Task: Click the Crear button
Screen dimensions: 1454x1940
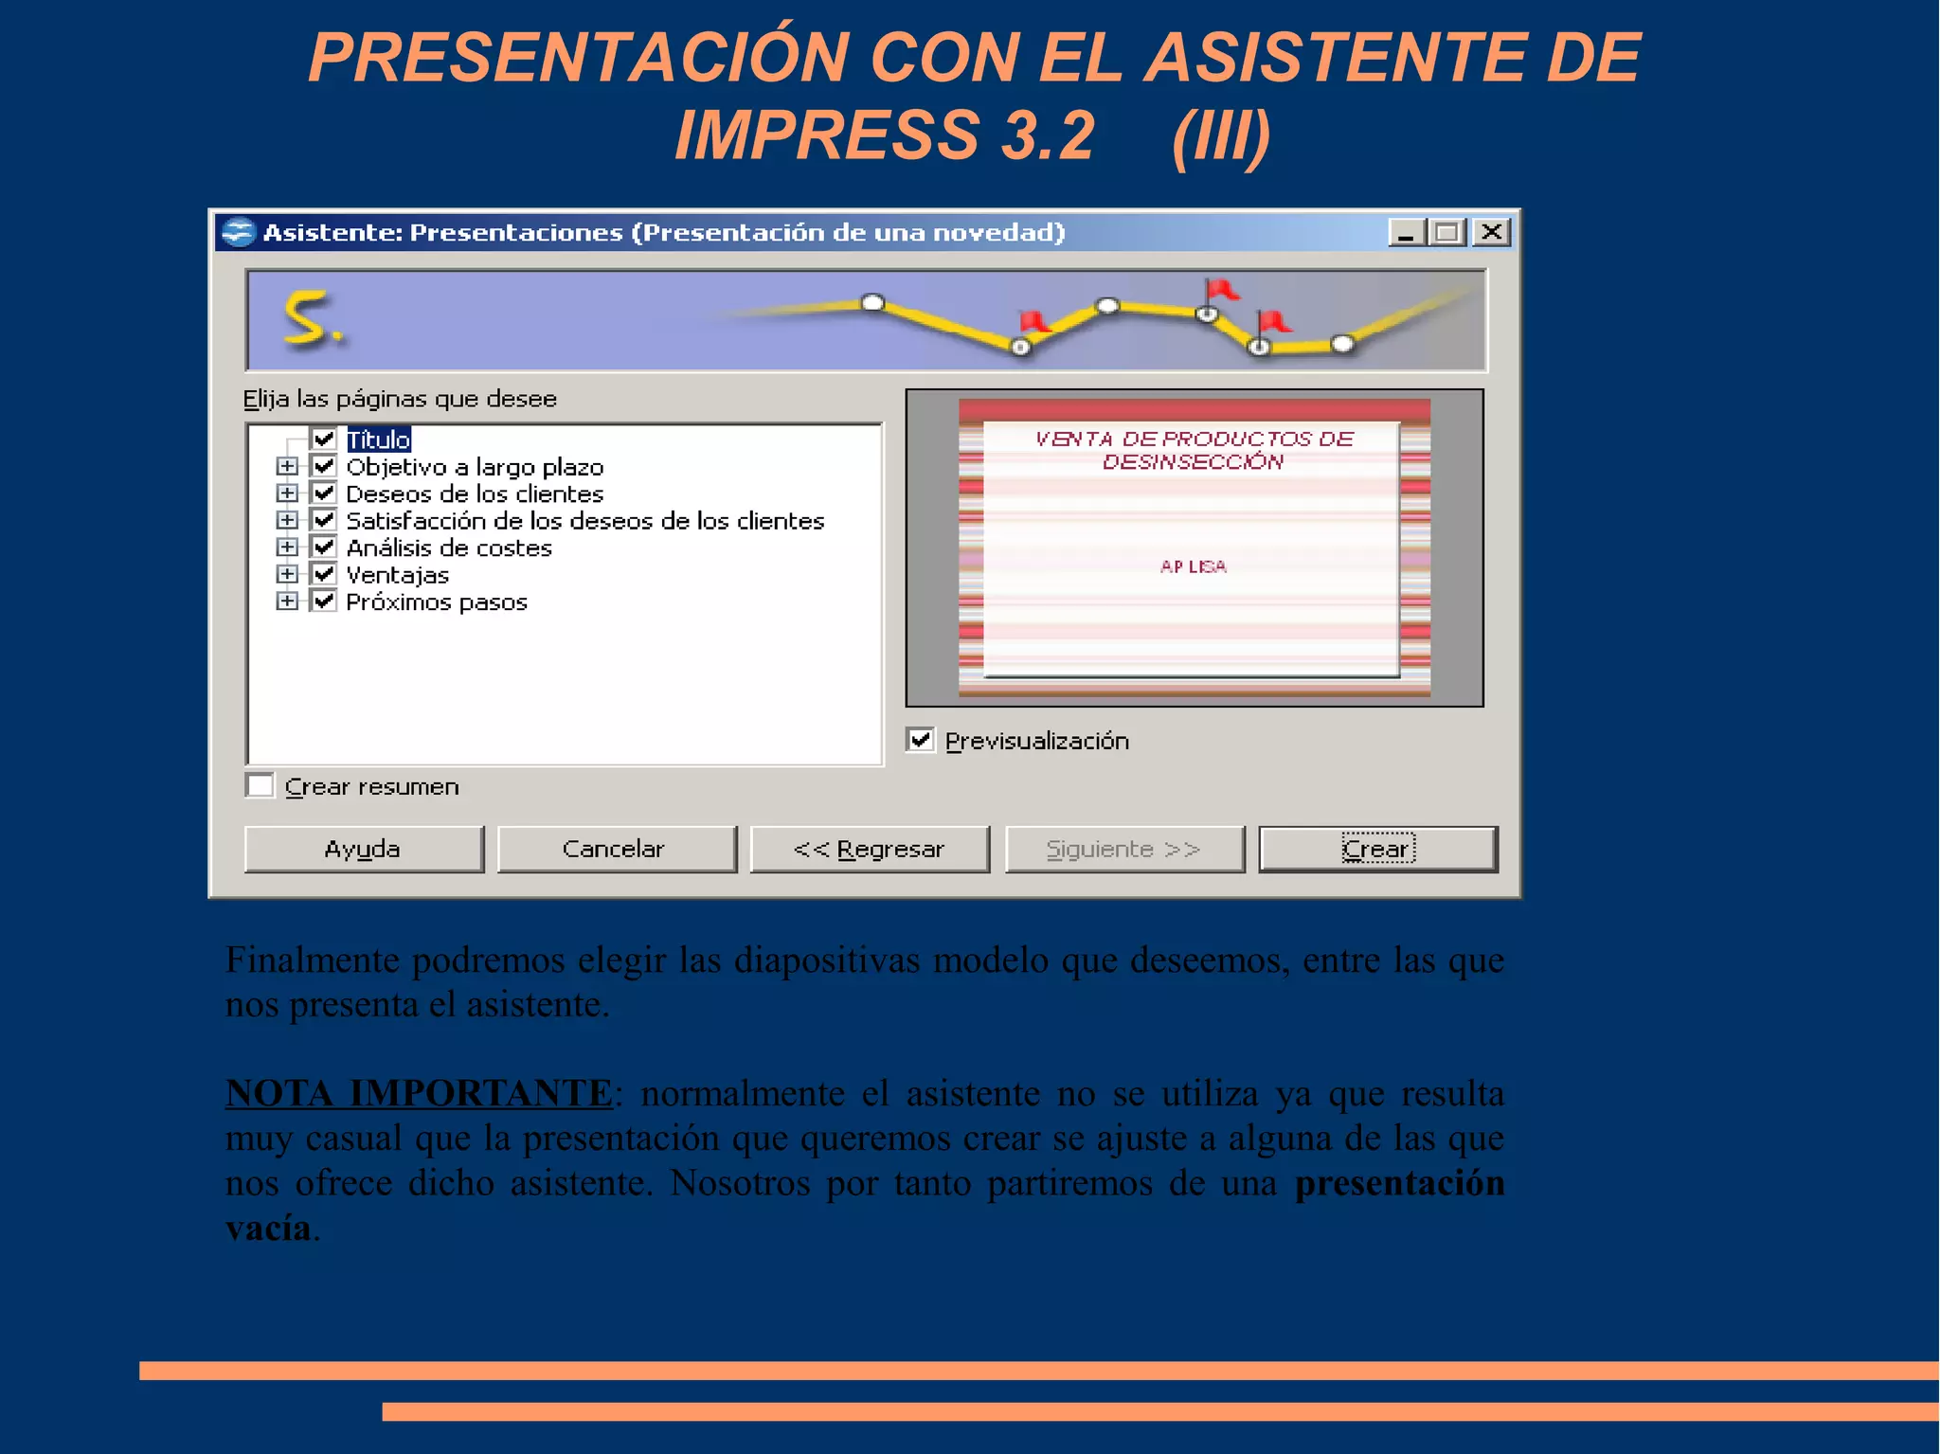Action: (x=1377, y=849)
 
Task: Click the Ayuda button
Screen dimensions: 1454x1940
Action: (x=364, y=849)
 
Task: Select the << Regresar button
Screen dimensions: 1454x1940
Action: (x=870, y=849)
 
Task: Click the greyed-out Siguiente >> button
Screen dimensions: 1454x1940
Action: (x=1124, y=849)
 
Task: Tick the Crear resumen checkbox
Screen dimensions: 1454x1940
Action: (x=260, y=786)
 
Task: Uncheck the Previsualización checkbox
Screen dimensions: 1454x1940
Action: (x=920, y=740)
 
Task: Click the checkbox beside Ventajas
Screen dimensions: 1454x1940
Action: (x=324, y=574)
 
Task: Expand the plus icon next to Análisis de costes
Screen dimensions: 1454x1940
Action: (x=286, y=547)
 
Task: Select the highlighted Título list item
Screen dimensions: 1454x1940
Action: (x=378, y=440)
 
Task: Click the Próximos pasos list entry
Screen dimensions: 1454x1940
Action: (x=436, y=602)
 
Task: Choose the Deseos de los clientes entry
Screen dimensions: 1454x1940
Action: (x=474, y=494)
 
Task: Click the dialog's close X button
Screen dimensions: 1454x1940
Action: (x=1492, y=232)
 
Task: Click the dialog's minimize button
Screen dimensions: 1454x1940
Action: (x=1406, y=232)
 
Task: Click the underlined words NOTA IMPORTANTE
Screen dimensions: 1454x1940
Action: (x=419, y=1093)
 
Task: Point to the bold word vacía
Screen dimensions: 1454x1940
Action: (x=268, y=1228)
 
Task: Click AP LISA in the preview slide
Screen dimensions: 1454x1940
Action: (x=1193, y=566)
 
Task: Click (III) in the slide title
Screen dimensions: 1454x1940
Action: (x=1220, y=135)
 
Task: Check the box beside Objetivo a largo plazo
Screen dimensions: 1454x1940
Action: (x=324, y=466)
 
